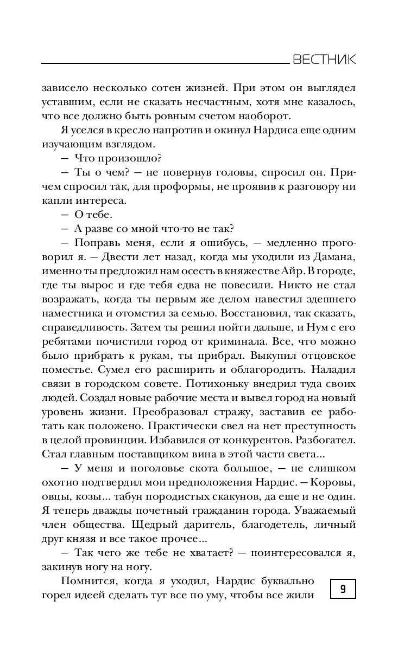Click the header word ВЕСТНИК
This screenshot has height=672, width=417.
tap(324, 60)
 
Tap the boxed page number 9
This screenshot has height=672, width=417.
tap(343, 588)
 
